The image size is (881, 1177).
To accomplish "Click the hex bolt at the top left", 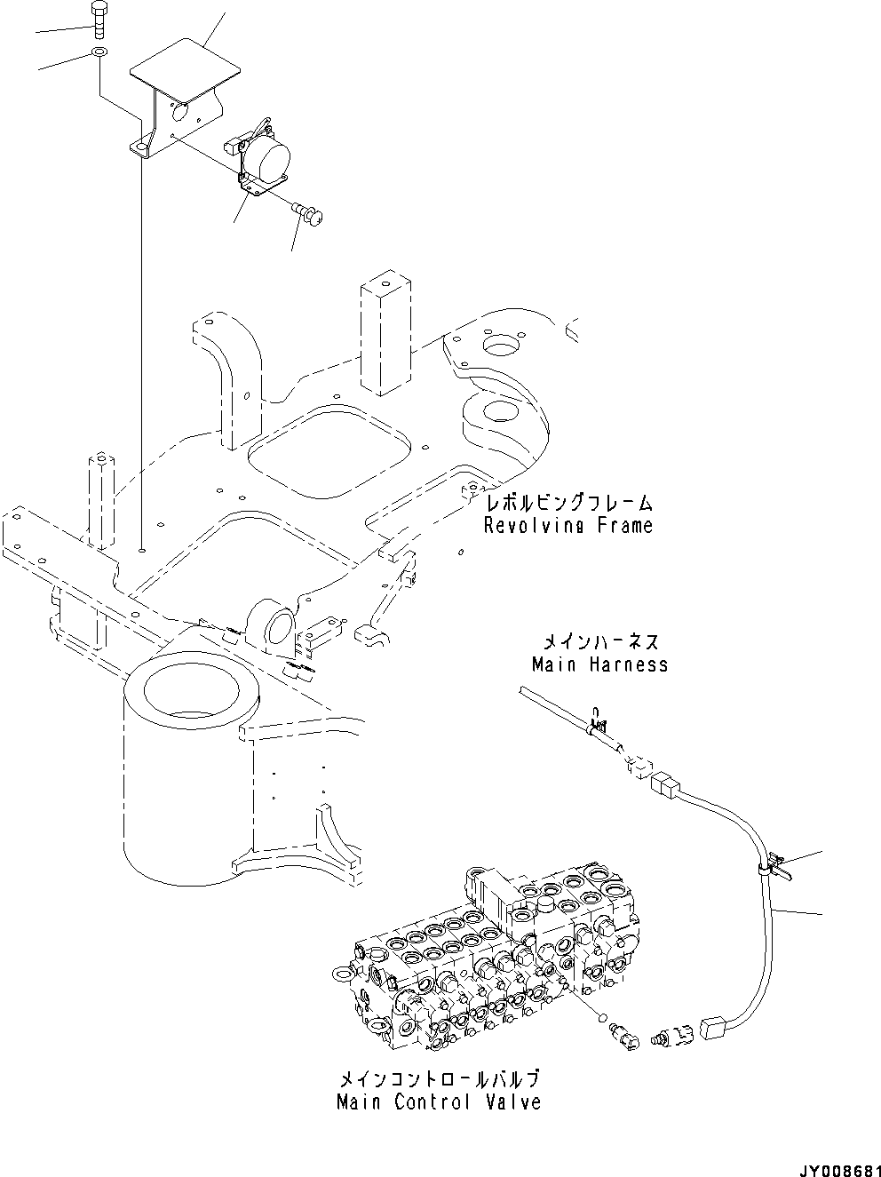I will point(98,19).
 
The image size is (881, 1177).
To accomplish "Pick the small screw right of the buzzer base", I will point(308,212).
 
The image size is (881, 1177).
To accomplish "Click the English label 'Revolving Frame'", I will point(567,525).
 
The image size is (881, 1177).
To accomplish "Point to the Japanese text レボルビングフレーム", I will point(568,503).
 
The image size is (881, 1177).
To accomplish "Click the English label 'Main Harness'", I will point(599,664).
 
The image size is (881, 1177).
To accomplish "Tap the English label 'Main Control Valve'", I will point(439,1102).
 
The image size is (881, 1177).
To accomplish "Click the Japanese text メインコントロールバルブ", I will point(439,1079).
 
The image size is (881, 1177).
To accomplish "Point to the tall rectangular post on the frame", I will point(386,338).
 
